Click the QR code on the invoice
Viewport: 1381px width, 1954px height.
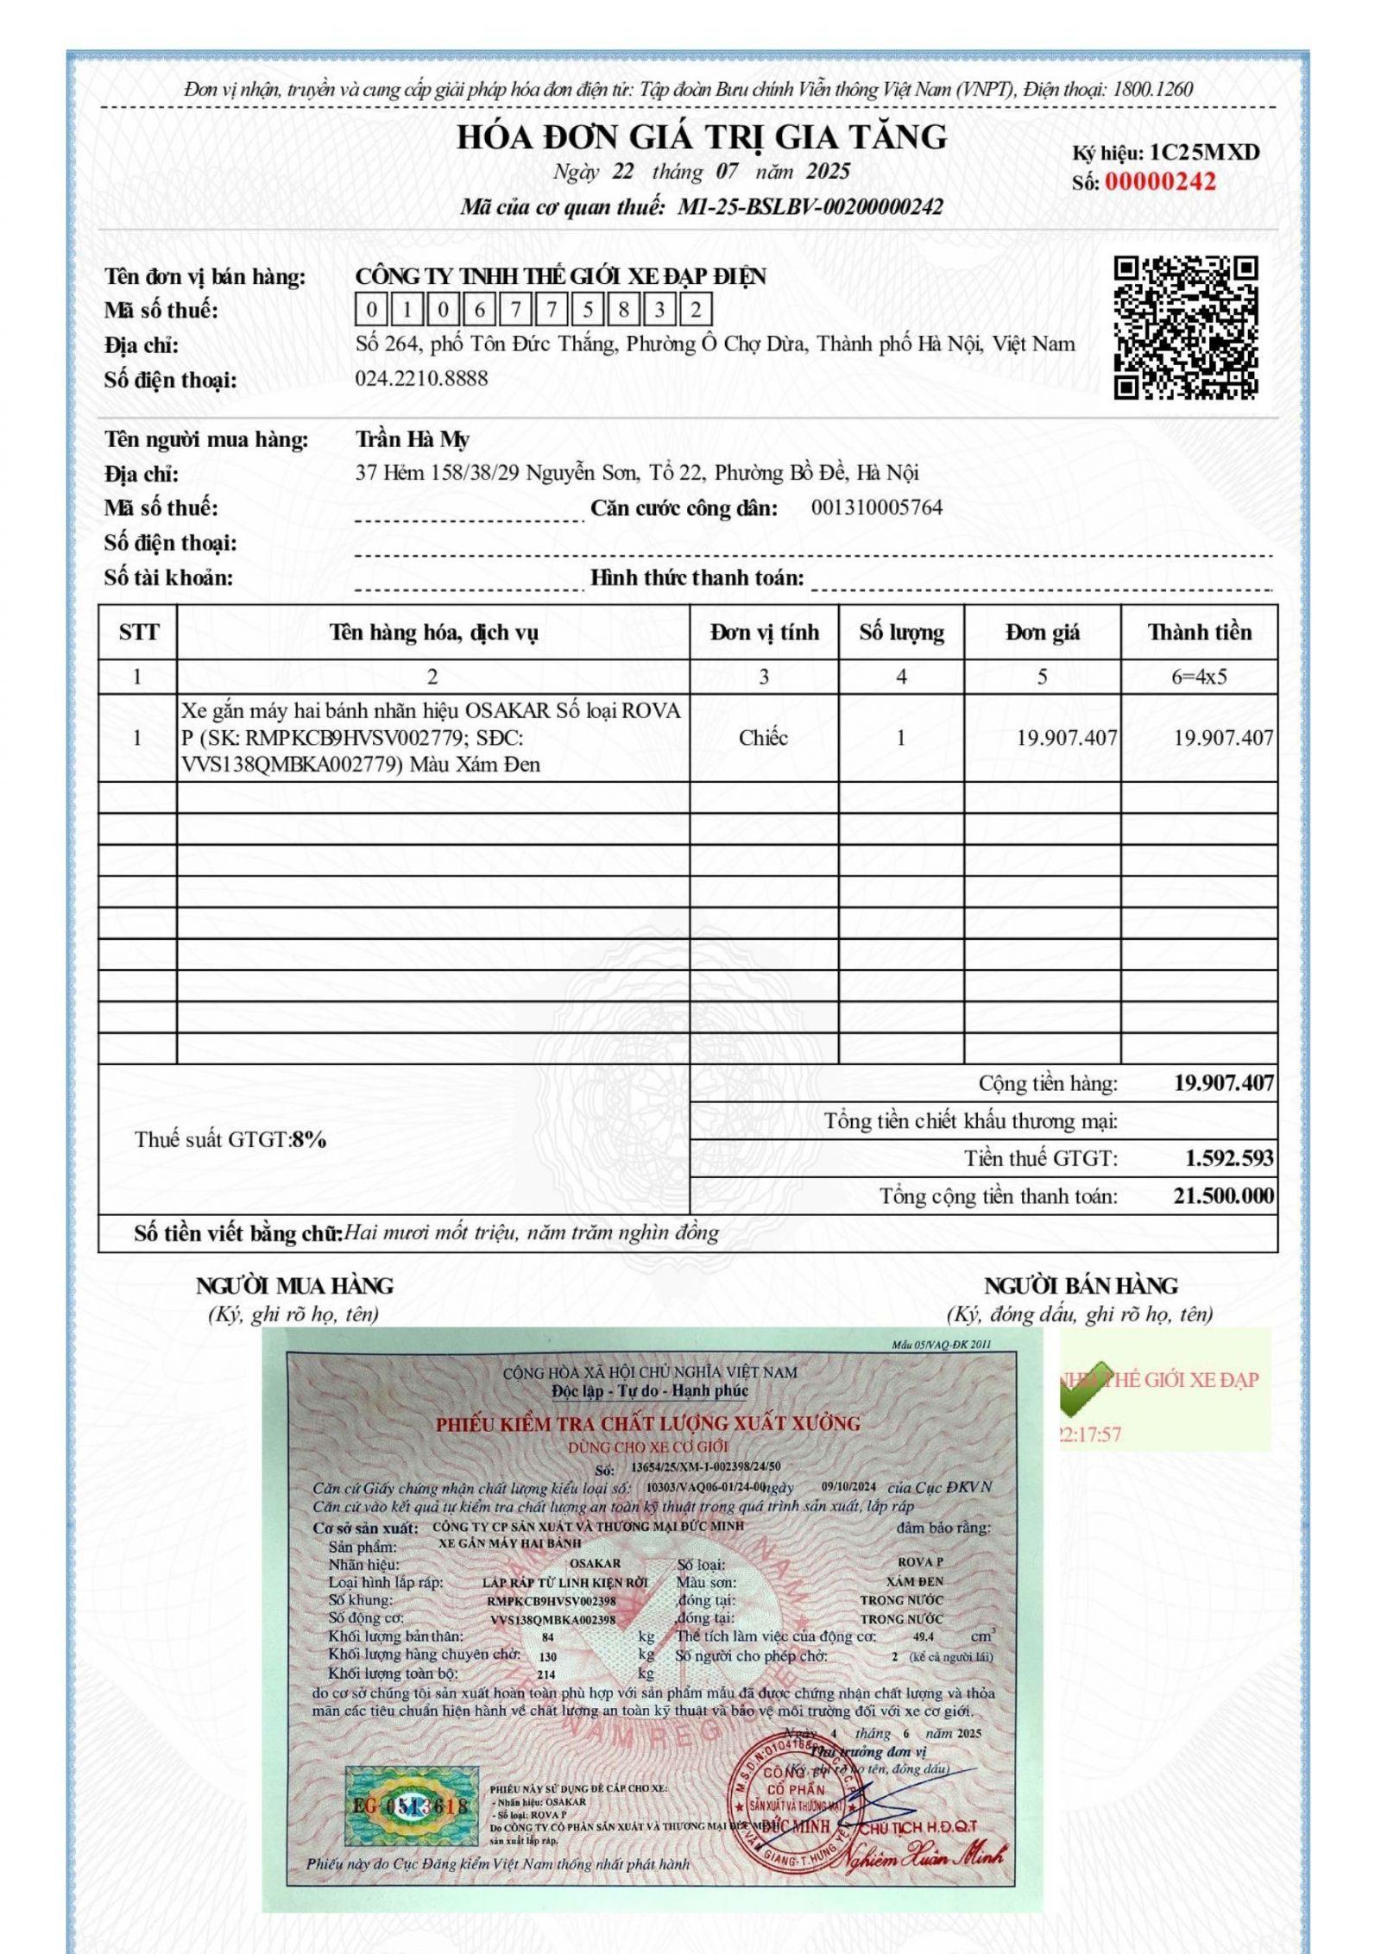[x=1185, y=328]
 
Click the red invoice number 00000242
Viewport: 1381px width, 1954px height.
[x=1159, y=182]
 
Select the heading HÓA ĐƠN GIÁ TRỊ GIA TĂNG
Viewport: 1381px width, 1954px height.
[x=701, y=137]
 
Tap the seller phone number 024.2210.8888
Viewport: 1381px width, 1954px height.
[x=421, y=378]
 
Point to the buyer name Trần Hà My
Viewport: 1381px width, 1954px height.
[x=412, y=439]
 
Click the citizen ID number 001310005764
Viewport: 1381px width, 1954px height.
[x=876, y=507]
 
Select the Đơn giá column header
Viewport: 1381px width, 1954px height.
[x=1042, y=633]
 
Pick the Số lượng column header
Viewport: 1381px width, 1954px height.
[x=900, y=633]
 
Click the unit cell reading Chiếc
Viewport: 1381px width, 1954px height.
[x=763, y=738]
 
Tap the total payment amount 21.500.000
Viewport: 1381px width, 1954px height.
[x=1223, y=1195]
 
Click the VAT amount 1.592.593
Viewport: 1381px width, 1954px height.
[x=1228, y=1157]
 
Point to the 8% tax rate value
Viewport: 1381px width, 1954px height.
[x=309, y=1139]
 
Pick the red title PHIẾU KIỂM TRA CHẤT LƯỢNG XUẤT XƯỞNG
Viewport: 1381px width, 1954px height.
[x=647, y=1424]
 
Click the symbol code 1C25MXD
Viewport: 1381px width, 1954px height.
[x=1204, y=153]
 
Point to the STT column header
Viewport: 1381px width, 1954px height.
[x=138, y=633]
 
